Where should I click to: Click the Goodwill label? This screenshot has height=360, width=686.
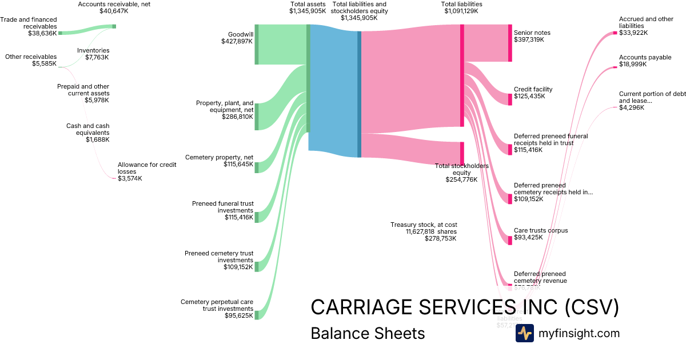click(240, 34)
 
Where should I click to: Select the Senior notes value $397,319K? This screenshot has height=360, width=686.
click(529, 40)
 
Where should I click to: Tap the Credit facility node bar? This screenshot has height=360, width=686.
click(510, 99)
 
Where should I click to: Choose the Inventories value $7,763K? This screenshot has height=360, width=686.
click(93, 57)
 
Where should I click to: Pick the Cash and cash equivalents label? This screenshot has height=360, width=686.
click(87, 129)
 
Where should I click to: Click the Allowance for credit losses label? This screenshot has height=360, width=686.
click(147, 168)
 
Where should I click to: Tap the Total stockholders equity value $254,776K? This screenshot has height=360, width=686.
click(461, 179)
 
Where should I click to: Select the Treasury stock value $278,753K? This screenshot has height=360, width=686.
click(440, 238)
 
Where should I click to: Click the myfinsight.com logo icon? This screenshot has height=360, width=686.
click(524, 333)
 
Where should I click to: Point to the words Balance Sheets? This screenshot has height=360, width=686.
click(368, 333)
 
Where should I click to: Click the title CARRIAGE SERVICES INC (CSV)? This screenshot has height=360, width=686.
click(464, 307)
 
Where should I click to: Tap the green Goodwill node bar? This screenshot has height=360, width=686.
click(257, 45)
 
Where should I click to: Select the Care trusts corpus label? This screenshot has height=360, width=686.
click(540, 231)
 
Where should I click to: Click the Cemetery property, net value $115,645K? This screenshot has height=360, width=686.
click(238, 164)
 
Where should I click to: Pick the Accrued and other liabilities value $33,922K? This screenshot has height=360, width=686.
click(633, 33)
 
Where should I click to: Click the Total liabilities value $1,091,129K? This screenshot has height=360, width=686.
click(461, 11)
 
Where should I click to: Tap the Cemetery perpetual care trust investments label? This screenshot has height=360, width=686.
click(217, 305)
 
